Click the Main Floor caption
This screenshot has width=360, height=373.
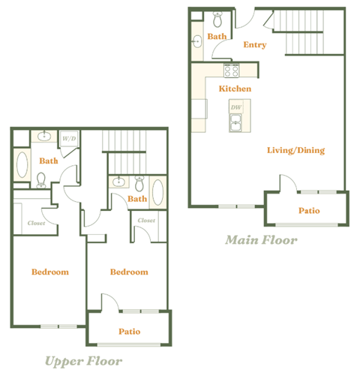pos(261,241)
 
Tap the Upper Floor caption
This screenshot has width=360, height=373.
pos(82,362)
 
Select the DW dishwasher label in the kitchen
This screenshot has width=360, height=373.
pos(237,108)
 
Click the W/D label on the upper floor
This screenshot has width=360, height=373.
pos(68,139)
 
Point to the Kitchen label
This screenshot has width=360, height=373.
pos(235,89)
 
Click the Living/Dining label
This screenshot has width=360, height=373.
pos(295,150)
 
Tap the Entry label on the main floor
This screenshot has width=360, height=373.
pos(255,44)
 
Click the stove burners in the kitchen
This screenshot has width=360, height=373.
pos(231,71)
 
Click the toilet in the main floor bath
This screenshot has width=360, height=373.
pos(217,19)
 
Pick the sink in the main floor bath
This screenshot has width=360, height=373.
pos(196,41)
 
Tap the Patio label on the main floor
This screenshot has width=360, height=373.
pos(309,211)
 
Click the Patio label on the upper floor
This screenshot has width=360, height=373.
pos(129,332)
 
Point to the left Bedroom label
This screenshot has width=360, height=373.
pos(49,272)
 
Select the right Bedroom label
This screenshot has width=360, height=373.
pos(129,272)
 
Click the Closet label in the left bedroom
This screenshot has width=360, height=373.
pos(36,223)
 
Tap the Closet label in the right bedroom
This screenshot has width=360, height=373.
pos(146,220)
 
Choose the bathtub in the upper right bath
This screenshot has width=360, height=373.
pos(158,192)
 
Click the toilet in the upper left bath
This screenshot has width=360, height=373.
pos(41,179)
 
